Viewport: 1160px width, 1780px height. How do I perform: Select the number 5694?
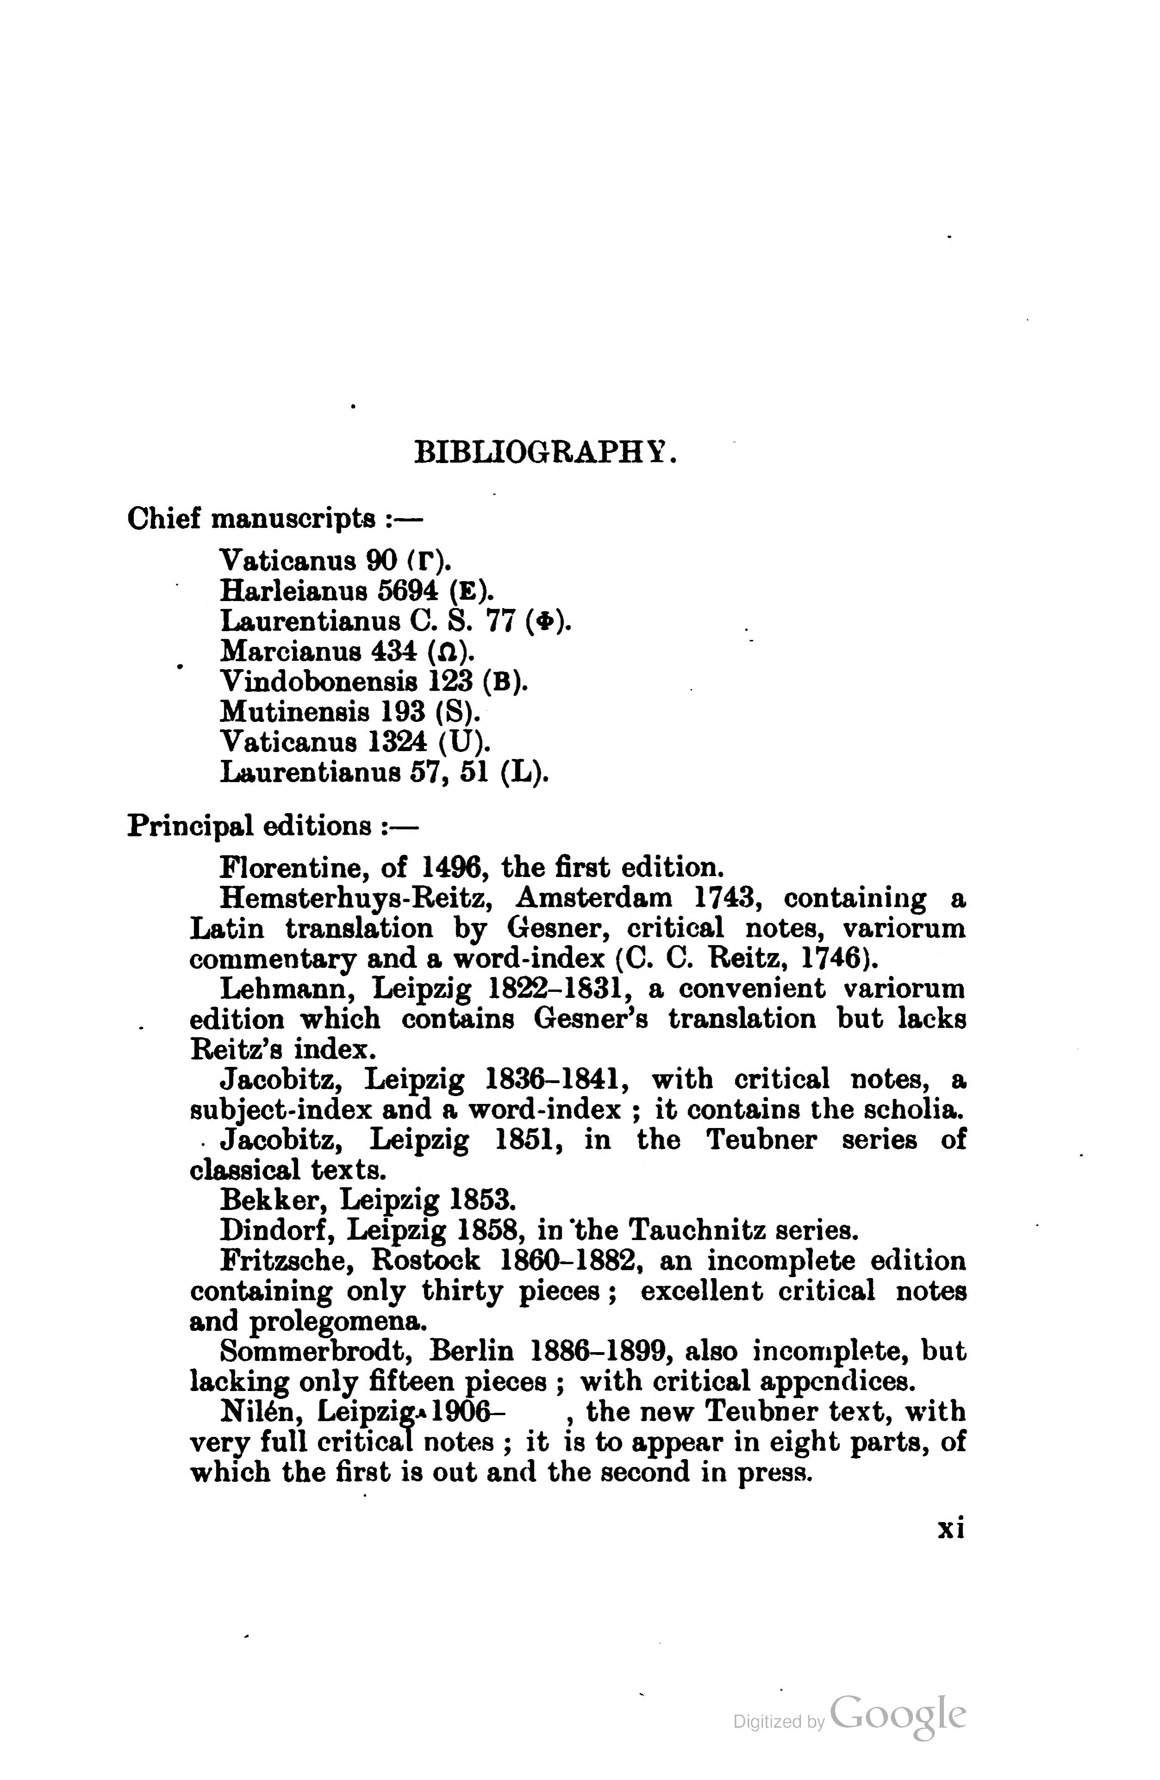[407, 591]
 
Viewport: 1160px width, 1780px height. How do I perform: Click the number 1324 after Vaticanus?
[397, 741]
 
